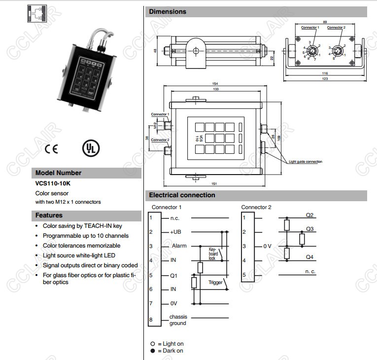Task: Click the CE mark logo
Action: click(51, 148)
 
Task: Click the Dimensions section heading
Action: click(168, 11)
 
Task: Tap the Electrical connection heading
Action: click(182, 195)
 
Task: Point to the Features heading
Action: click(49, 216)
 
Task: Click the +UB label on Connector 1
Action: click(176, 232)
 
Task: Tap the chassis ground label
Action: click(178, 320)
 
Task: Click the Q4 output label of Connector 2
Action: click(309, 257)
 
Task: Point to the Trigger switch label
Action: click(215, 283)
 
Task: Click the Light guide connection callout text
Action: click(306, 162)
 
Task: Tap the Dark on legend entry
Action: click(170, 351)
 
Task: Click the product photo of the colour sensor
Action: click(89, 71)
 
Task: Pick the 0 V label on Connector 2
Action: click(268, 246)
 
